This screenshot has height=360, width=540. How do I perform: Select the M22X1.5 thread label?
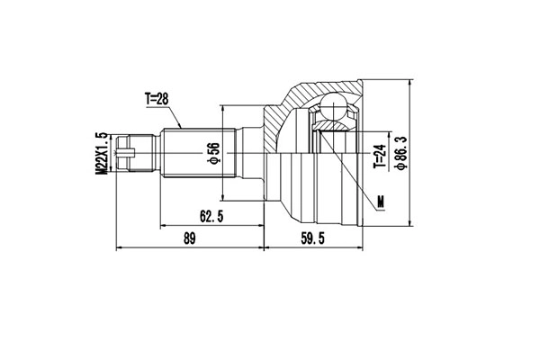click(103, 153)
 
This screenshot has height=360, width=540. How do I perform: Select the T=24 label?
click(379, 155)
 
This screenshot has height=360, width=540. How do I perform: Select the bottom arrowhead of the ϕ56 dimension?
click(222, 199)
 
